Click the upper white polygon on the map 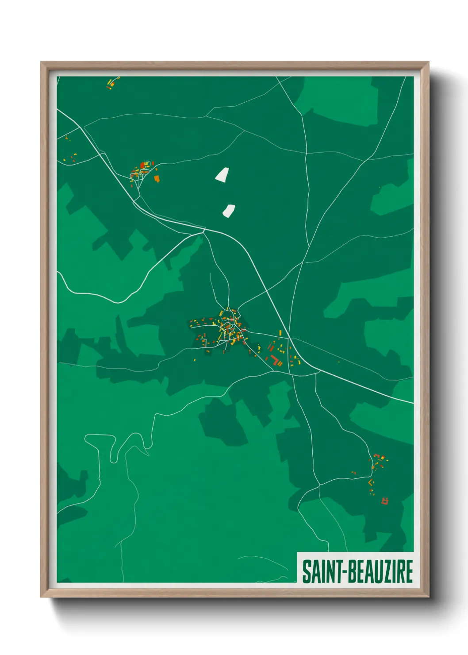[222, 175]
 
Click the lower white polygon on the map [229, 211]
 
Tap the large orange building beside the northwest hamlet [156, 178]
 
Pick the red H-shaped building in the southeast [384, 501]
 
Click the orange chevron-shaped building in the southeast [371, 482]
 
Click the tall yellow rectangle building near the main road [280, 333]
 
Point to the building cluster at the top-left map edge [112, 83]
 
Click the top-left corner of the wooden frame [41, 62]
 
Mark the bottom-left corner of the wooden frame [41, 597]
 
